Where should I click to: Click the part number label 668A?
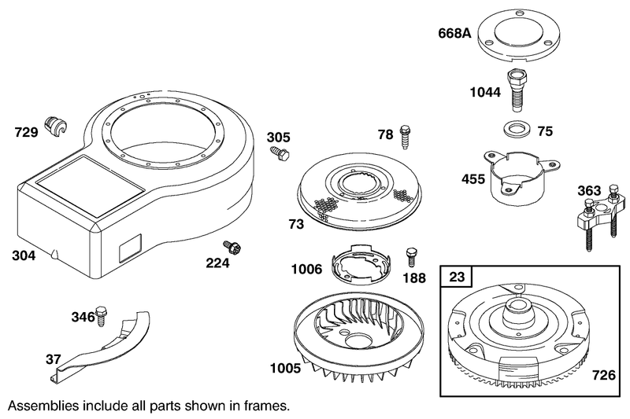coord(454,33)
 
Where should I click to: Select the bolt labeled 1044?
coord(517,90)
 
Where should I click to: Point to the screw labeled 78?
coord(405,137)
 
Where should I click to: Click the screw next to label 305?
coord(280,153)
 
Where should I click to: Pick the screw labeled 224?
coord(232,247)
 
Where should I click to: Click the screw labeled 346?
coord(102,315)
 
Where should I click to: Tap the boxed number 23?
coord(457,277)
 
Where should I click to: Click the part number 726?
coord(604,375)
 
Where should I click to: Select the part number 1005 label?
coord(285,368)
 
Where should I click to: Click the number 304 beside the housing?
coord(24,255)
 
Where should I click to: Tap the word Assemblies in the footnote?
coord(43,406)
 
